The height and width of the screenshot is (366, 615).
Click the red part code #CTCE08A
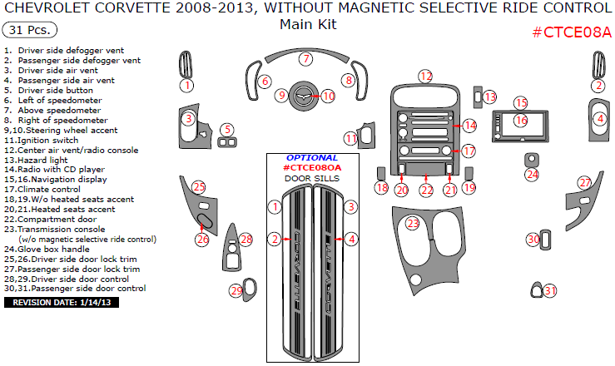571,32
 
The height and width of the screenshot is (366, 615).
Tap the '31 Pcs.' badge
31,30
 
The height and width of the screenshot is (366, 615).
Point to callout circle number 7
306,59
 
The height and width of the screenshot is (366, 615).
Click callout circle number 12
425,77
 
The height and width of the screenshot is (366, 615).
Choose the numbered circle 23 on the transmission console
413,223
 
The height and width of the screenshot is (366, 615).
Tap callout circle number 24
532,175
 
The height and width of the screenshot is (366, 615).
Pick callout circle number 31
549,290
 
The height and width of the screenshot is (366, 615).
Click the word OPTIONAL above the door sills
313,157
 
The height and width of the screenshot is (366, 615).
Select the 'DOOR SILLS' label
313,178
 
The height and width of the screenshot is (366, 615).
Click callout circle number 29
236,290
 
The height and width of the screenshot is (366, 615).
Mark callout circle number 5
226,129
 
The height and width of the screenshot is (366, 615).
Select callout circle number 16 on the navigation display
521,121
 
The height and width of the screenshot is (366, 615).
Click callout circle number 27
585,183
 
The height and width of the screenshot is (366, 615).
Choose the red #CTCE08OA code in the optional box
313,168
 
